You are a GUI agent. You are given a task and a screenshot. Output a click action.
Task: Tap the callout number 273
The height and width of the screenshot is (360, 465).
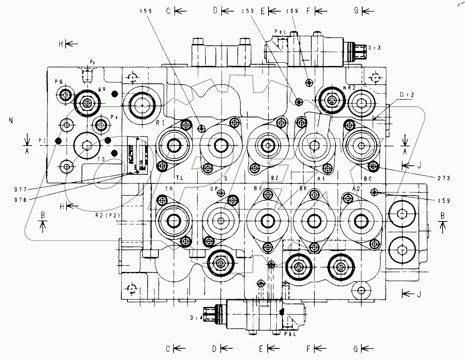click(443, 178)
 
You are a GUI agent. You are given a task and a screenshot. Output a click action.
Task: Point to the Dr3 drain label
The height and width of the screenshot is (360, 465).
click(374, 47)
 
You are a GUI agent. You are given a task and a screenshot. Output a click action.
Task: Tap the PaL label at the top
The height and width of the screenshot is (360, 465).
click(280, 32)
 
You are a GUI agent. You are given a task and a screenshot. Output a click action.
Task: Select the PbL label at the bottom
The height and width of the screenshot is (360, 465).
click(290, 333)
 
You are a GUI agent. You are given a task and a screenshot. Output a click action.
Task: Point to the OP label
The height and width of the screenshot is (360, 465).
click(213, 189)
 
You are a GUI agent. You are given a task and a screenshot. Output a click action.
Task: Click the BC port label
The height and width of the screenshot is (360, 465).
click(368, 178)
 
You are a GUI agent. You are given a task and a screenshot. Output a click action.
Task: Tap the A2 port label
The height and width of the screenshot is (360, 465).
click(357, 189)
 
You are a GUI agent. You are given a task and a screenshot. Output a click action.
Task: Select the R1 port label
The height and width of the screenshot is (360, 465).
click(161, 123)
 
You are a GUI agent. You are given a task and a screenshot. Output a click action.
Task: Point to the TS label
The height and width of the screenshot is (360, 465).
click(101, 159)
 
